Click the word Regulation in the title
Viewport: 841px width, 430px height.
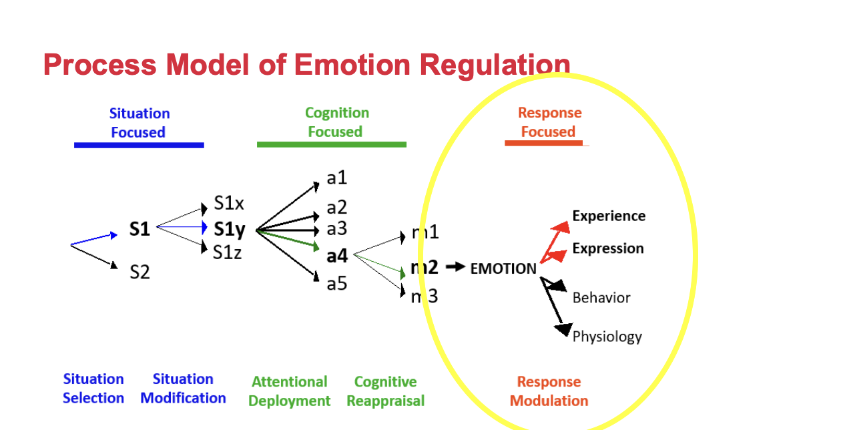point(495,65)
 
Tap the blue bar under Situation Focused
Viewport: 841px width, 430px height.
point(139,145)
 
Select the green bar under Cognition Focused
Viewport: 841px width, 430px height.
point(332,145)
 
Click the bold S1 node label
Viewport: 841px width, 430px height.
point(139,229)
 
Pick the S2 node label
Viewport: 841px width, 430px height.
point(139,272)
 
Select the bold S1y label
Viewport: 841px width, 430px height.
point(230,230)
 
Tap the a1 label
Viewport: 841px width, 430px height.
point(337,178)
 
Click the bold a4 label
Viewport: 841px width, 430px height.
point(337,256)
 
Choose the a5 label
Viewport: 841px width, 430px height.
point(337,284)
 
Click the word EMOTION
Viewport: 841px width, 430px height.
point(503,268)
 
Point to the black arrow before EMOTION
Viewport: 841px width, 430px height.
point(455,266)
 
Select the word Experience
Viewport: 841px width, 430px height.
point(609,216)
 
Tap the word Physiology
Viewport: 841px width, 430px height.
point(607,337)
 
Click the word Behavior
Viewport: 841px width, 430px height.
point(601,298)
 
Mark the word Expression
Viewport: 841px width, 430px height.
point(608,248)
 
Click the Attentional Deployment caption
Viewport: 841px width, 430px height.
point(290,391)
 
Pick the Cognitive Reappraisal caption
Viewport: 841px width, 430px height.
point(386,391)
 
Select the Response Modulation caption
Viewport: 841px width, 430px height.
point(549,391)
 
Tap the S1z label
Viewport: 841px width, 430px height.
point(227,252)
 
